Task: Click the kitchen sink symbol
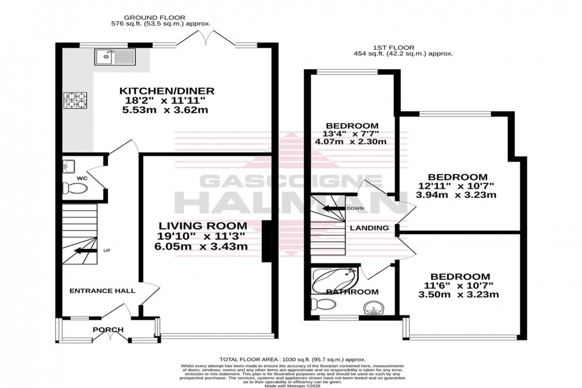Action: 114,58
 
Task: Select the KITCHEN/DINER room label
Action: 166,91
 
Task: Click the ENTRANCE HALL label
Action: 102,291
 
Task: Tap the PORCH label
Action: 107,330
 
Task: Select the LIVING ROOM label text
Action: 202,226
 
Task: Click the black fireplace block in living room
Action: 267,241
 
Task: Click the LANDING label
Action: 369,228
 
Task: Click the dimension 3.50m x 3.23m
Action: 461,295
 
